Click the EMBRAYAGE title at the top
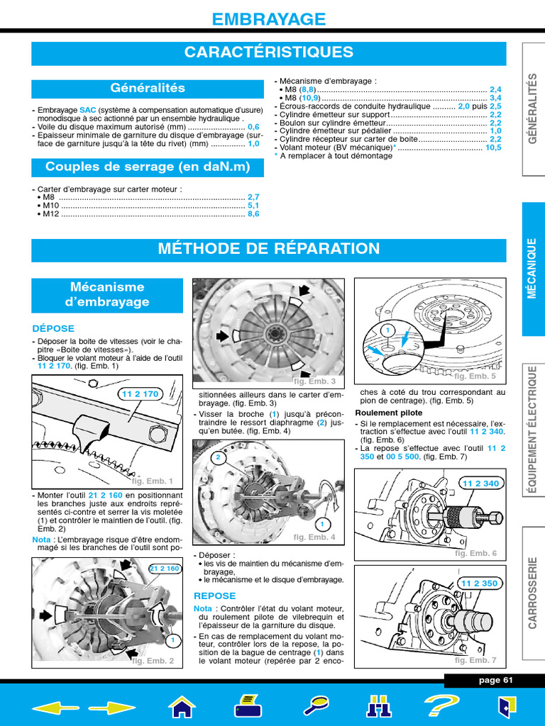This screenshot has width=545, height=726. [269, 19]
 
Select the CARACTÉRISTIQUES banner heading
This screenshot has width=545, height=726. [269, 52]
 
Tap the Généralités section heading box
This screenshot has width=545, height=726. [147, 89]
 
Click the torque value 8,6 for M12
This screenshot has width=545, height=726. [253, 213]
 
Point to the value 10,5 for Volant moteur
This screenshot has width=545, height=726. [493, 147]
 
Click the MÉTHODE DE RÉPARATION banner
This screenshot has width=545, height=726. [269, 250]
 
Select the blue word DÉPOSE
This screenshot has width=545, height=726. [53, 328]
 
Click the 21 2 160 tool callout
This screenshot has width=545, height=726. [165, 569]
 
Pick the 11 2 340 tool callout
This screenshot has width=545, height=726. [480, 484]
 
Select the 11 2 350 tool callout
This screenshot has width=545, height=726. [480, 583]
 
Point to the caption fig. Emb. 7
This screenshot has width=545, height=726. [475, 660]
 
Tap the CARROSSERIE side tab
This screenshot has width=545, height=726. [533, 591]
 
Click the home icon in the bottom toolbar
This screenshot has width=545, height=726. [182, 706]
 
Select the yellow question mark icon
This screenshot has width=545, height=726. [441, 706]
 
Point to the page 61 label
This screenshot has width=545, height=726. [495, 681]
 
